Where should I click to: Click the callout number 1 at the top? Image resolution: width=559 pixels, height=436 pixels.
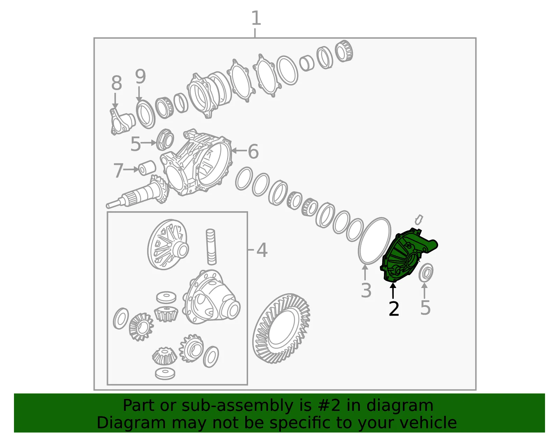(256, 18)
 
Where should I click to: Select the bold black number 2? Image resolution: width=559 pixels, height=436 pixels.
(394, 309)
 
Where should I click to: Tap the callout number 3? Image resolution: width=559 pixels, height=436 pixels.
(366, 290)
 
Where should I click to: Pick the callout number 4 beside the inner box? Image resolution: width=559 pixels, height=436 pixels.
(262, 250)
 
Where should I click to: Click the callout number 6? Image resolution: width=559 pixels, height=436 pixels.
(253, 152)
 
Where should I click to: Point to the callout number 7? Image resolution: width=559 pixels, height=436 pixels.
(118, 170)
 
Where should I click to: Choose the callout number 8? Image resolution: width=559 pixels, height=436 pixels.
(117, 83)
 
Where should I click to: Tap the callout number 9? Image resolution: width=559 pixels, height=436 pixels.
(140, 76)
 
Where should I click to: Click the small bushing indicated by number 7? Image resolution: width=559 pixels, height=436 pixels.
(147, 168)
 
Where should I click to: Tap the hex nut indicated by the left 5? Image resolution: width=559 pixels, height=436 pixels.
(165, 140)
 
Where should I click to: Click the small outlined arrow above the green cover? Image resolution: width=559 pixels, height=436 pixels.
(419, 220)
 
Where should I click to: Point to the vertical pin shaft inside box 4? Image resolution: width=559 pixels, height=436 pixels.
(211, 247)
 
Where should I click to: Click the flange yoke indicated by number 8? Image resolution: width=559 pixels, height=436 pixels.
(122, 121)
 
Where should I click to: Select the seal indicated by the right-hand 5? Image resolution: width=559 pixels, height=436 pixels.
(426, 272)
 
